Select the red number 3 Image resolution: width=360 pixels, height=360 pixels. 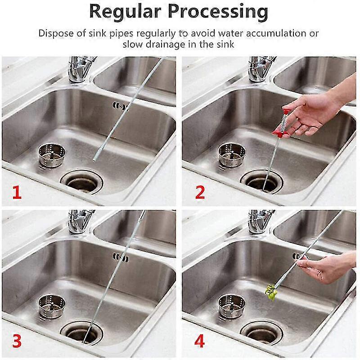point(16,341)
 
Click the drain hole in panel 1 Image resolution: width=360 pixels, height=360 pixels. point(81,183)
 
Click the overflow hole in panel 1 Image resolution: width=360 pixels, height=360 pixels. point(120,107)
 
